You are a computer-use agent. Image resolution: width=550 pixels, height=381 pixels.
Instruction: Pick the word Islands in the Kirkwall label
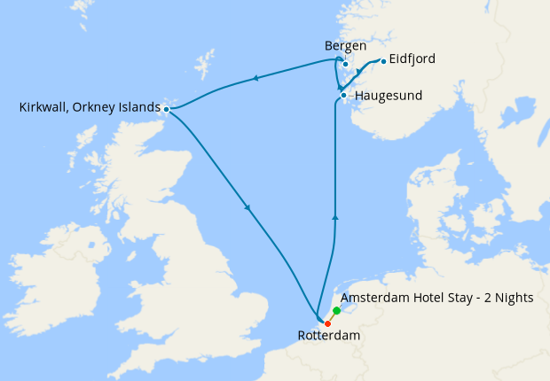coord(135,108)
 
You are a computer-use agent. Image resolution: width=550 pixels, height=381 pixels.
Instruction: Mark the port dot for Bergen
coord(345,64)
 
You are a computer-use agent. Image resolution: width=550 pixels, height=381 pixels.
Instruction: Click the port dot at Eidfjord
coord(383,61)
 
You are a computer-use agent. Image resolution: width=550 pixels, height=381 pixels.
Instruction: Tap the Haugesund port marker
coord(343,95)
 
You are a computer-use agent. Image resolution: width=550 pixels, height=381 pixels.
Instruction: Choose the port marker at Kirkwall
coord(166,109)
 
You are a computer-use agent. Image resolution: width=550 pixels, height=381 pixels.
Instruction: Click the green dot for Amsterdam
coord(337,311)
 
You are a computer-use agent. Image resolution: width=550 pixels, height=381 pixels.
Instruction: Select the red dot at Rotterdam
coord(327,323)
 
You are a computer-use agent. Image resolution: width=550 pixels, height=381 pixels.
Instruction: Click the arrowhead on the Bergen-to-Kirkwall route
coord(255,79)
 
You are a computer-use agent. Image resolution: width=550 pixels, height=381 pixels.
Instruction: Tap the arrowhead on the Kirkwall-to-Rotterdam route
coord(247,209)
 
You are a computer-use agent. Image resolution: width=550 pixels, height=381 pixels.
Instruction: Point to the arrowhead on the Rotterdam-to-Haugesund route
coord(334,215)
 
